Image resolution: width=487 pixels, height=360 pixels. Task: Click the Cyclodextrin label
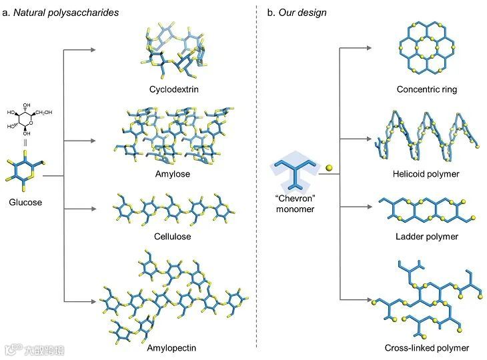[174, 89]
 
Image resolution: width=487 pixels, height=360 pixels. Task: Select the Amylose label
[174, 173]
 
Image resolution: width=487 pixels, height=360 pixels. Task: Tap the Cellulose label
[174, 237]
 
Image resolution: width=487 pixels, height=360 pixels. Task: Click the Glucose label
[26, 202]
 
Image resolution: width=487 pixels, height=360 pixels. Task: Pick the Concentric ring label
[426, 89]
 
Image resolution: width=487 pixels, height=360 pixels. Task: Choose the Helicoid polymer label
[426, 174]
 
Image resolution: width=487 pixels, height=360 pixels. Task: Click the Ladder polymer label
[426, 237]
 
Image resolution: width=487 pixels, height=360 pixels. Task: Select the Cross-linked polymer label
[426, 347]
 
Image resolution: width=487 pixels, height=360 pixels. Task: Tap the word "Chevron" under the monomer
[294, 199]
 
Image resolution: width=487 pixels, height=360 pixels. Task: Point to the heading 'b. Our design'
[302, 12]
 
